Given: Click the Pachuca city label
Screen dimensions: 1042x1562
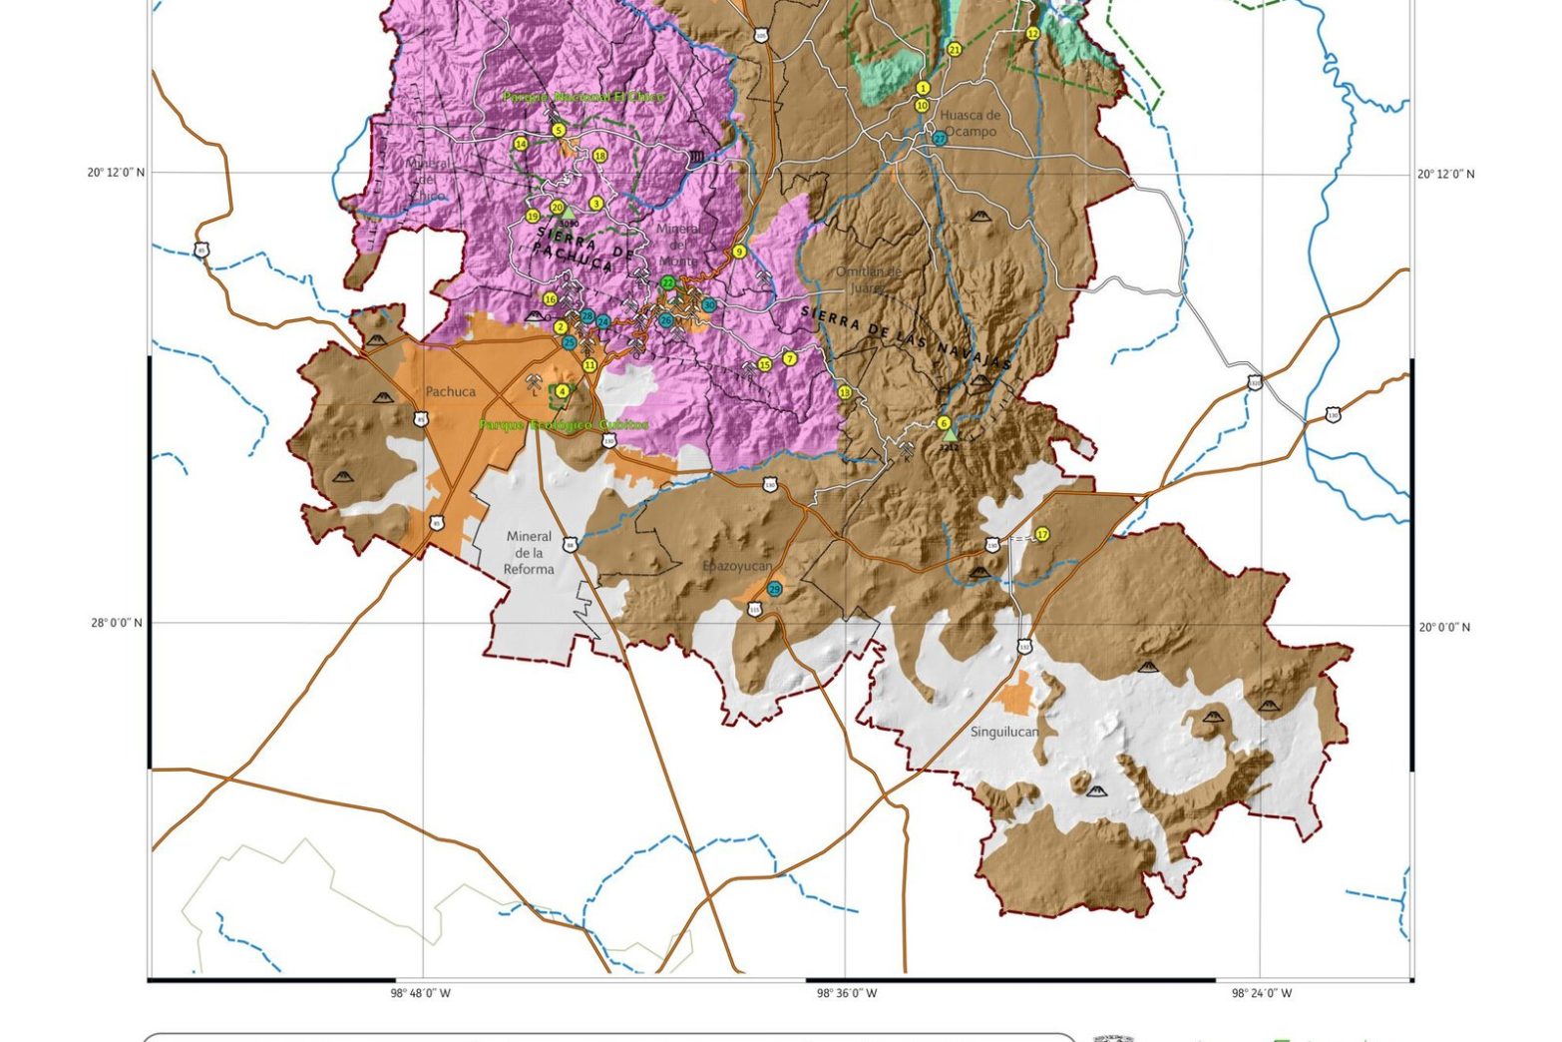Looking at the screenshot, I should tap(450, 392).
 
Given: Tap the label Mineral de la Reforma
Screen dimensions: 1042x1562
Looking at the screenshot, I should tap(528, 553).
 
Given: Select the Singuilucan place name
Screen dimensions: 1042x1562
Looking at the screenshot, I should tap(1004, 732).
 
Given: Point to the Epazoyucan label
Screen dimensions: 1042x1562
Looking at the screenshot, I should tap(737, 566).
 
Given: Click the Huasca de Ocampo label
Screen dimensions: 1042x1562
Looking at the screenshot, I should tap(970, 123).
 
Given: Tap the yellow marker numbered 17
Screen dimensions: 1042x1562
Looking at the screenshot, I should tap(1042, 535).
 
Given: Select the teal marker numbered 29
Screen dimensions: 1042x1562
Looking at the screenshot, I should tap(775, 590).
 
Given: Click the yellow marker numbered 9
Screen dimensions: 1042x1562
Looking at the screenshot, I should tap(739, 252).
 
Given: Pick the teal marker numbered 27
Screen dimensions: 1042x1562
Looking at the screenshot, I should tap(940, 139).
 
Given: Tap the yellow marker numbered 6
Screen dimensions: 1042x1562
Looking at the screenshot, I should tap(944, 423).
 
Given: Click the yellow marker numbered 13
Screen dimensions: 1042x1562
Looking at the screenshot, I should tap(846, 393).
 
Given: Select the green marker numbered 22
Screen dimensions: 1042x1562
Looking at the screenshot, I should tap(667, 283).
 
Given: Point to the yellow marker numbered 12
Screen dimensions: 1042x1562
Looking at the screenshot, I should tap(1032, 33).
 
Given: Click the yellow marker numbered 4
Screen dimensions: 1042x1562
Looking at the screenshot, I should tap(563, 392).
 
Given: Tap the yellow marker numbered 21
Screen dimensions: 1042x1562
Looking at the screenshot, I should tap(954, 49).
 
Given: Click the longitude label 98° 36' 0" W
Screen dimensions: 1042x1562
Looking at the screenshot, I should tap(847, 993).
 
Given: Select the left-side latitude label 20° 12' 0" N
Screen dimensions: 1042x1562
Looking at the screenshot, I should tap(116, 172).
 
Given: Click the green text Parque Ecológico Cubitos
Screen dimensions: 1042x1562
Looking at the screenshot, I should tap(564, 424).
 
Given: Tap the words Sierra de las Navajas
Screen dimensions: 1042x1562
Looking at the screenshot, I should tap(906, 339).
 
